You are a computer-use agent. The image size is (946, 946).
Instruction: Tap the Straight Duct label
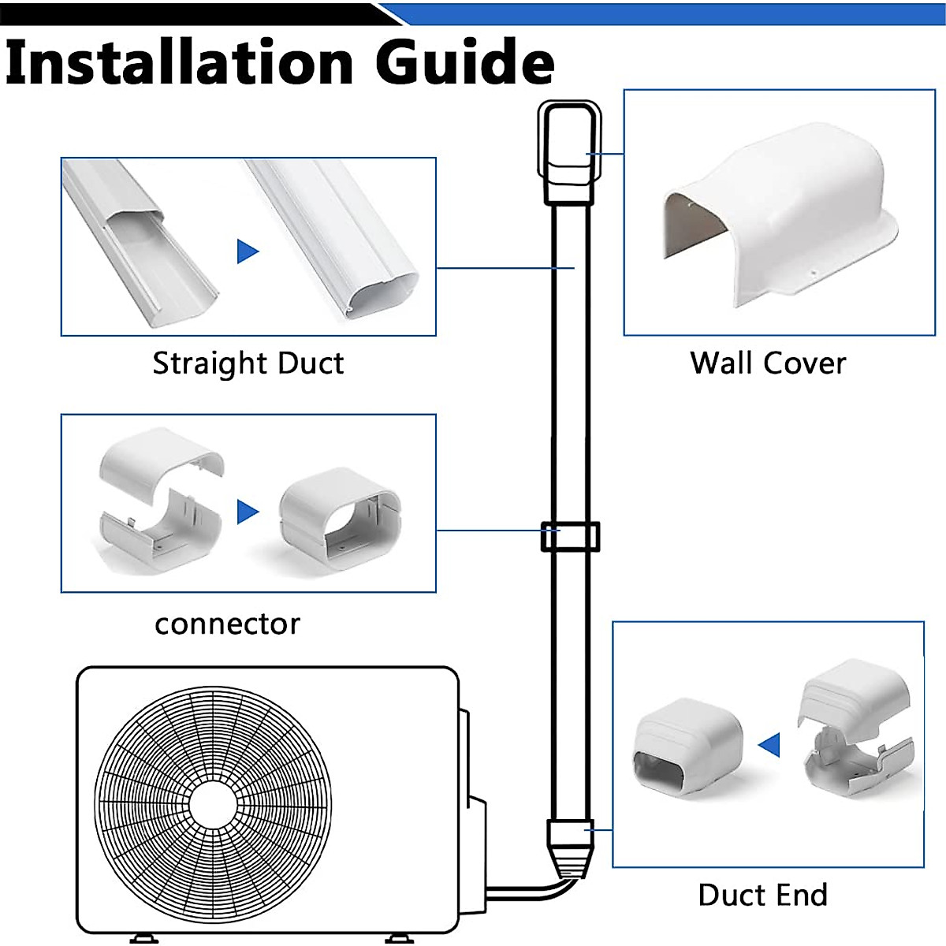pos(248,363)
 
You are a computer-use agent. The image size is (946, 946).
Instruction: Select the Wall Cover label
pos(768,363)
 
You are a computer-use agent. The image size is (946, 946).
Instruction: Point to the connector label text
pos(227,624)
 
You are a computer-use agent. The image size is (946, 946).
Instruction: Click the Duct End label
pos(763,895)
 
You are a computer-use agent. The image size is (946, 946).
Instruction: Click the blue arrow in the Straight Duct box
pos(248,251)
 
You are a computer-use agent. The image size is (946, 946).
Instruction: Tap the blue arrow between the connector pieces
pos(248,512)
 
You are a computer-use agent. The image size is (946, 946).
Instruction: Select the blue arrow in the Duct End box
pos(769,744)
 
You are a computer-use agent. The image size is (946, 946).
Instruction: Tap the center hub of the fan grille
pos(213,804)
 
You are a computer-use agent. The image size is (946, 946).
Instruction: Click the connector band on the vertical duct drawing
pos(569,536)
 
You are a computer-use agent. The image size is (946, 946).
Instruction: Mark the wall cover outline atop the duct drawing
pos(568,142)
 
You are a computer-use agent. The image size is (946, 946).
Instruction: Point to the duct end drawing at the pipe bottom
pos(569,847)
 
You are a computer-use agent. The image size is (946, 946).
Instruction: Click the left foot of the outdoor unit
pos(143,938)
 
